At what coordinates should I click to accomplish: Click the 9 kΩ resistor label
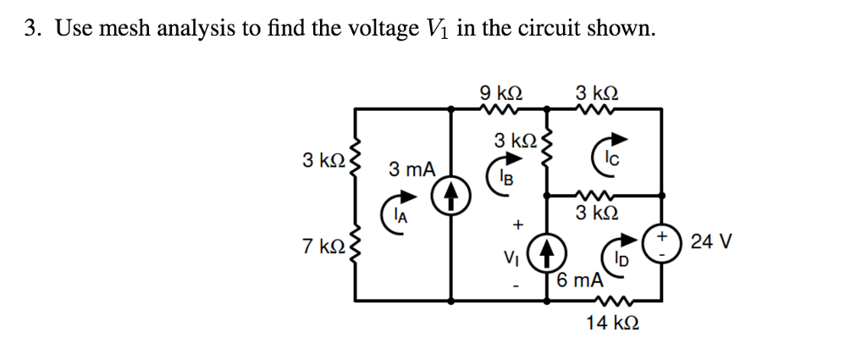[x=500, y=91]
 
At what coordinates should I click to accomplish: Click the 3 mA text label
[x=412, y=169]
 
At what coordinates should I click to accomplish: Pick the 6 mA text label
[x=580, y=280]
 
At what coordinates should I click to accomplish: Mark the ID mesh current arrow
[x=616, y=254]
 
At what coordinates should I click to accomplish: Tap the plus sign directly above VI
[x=514, y=226]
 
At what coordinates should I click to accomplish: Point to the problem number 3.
[x=32, y=30]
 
